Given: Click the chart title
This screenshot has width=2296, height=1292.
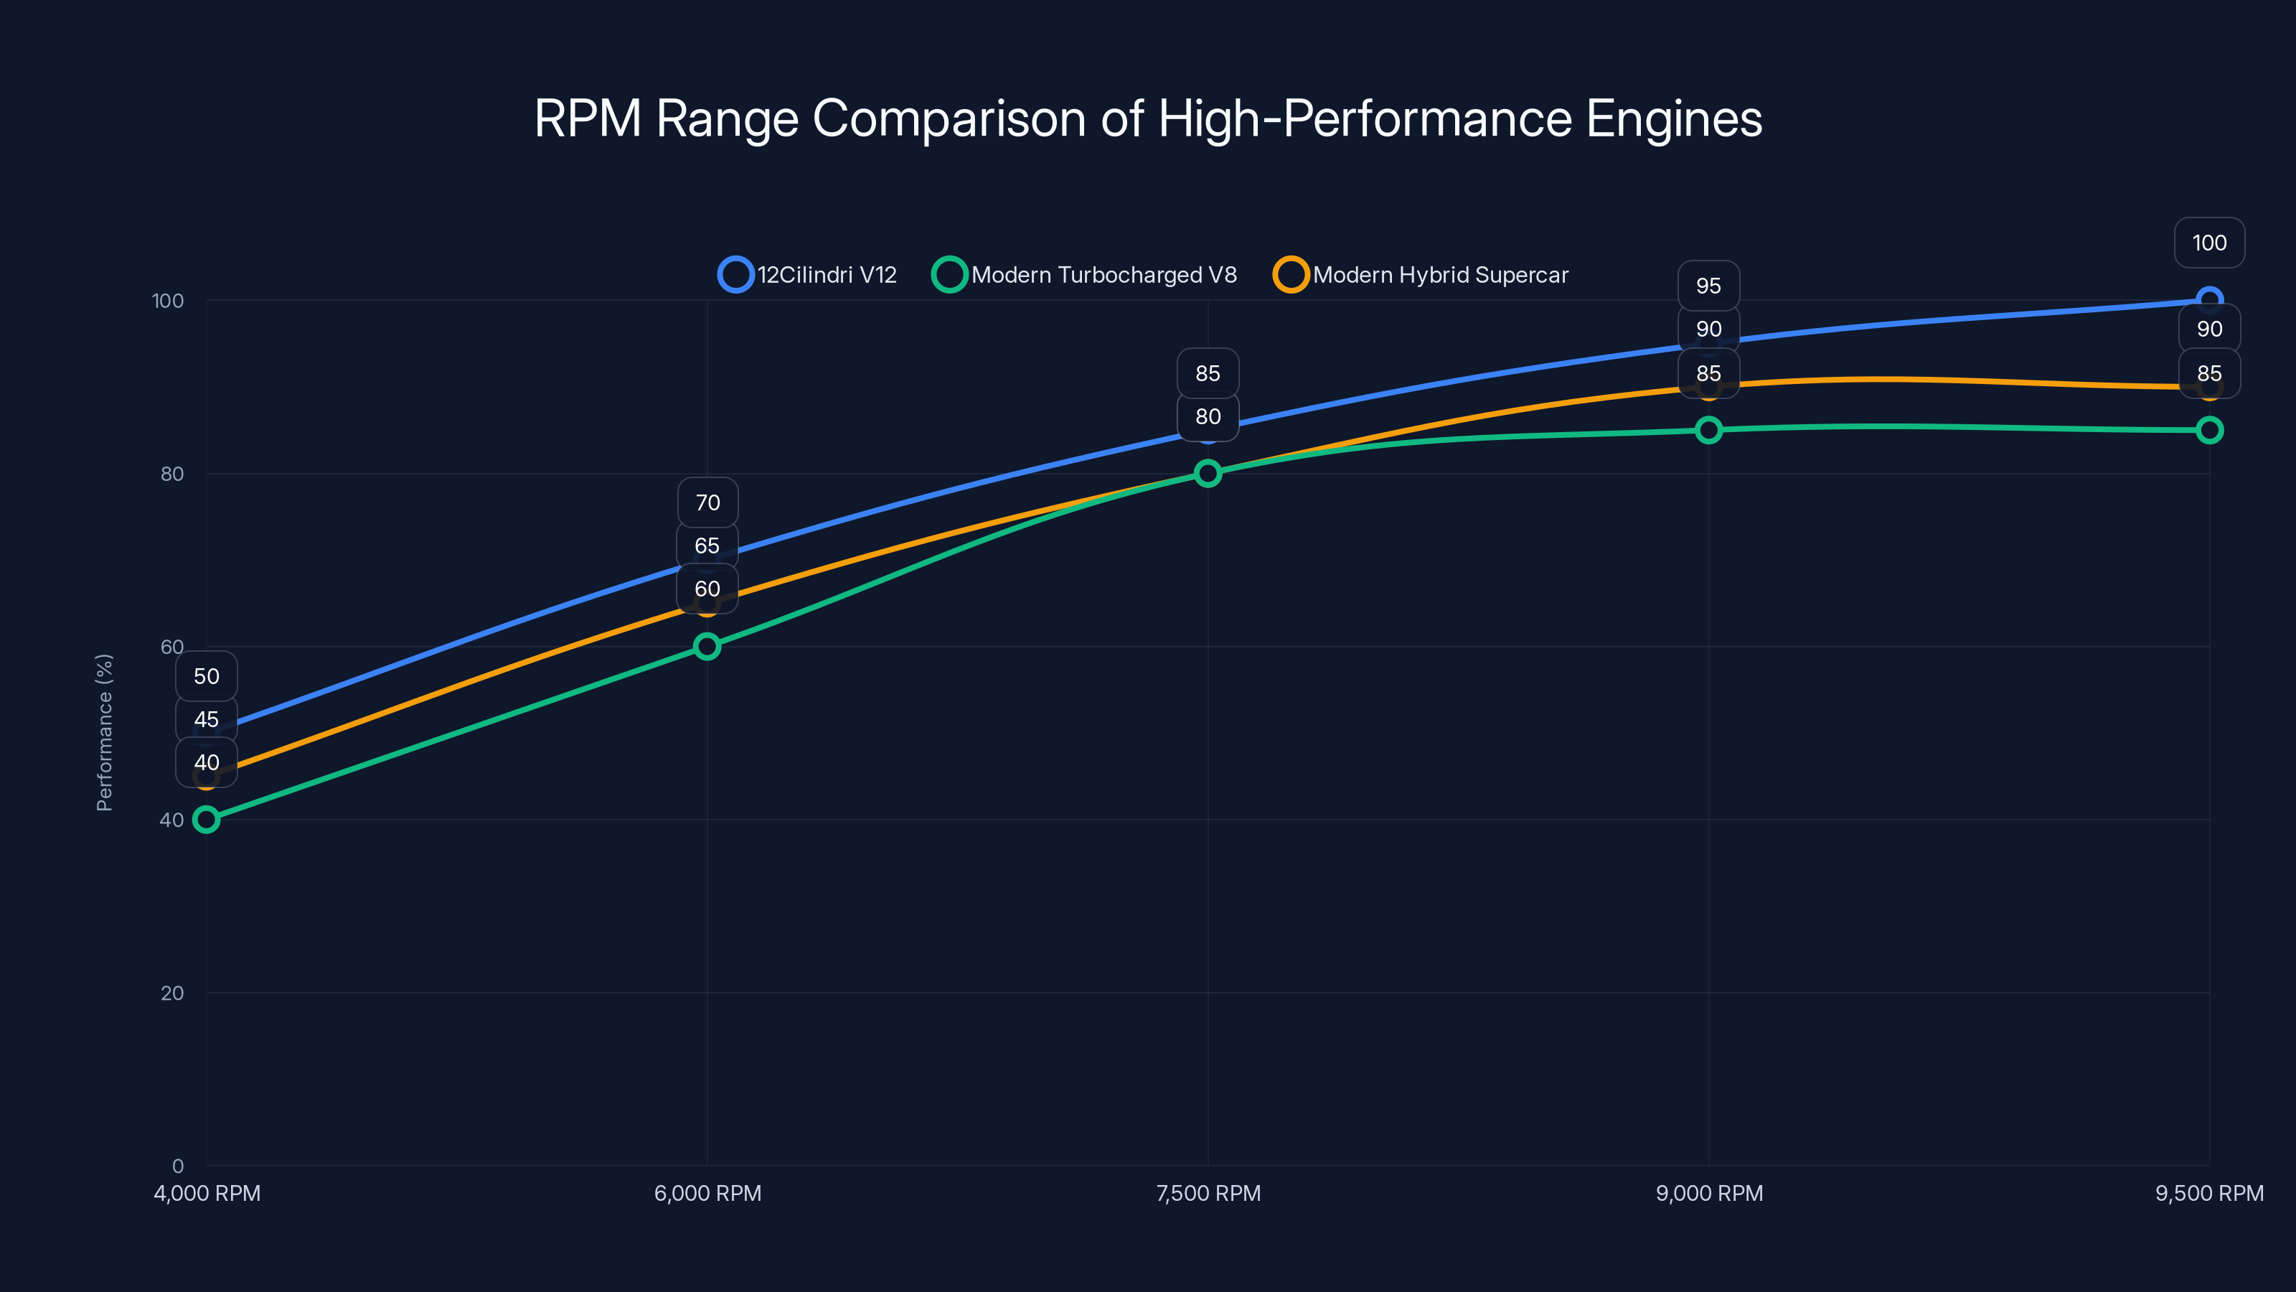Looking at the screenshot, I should pyautogui.click(x=1148, y=118).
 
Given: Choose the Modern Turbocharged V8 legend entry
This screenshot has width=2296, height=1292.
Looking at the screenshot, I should pyautogui.click(x=1085, y=275).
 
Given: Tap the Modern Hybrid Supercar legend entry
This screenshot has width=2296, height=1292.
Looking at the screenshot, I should pyautogui.click(x=1421, y=275).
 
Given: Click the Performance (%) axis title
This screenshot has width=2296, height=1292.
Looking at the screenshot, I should pyautogui.click(x=104, y=732).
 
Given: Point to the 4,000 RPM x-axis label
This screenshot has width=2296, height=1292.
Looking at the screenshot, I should pyautogui.click(x=207, y=1193).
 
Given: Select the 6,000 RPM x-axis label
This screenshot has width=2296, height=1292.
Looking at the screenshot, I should pyautogui.click(x=707, y=1193).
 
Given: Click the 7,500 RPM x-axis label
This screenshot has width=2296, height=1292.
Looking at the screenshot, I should pyautogui.click(x=1208, y=1193).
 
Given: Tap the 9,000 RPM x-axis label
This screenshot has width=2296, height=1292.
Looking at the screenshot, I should pyautogui.click(x=1708, y=1193).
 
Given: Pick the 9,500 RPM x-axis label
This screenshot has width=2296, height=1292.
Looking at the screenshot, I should pyautogui.click(x=2208, y=1193).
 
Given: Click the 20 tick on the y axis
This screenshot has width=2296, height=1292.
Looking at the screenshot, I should pyautogui.click(x=172, y=993).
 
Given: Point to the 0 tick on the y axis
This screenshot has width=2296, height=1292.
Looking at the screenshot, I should pyautogui.click(x=178, y=1166).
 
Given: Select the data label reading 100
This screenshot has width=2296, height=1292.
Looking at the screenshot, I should pyautogui.click(x=2208, y=243).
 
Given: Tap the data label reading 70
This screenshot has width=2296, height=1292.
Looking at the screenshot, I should pyautogui.click(x=707, y=503).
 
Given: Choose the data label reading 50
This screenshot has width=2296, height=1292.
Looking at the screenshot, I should pyautogui.click(x=207, y=676).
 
